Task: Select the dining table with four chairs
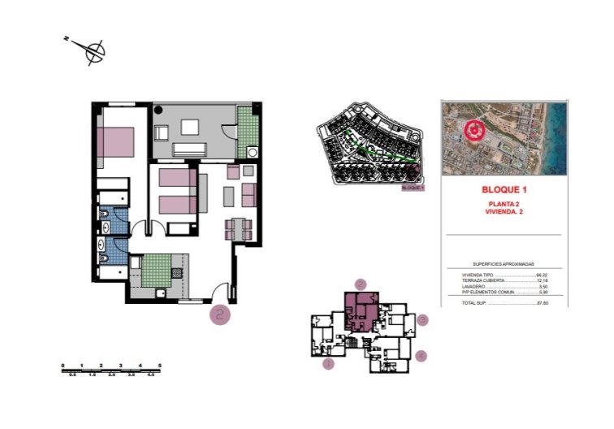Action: click(240, 228)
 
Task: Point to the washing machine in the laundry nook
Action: click(253, 152)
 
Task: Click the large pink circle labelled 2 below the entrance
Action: click(219, 314)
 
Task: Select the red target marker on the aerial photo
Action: click(473, 129)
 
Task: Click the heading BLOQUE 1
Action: click(504, 190)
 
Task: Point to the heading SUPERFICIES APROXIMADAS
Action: click(504, 264)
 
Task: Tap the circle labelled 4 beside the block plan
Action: click(420, 355)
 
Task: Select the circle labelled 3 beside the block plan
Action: click(422, 320)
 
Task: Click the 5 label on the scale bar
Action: click(160, 366)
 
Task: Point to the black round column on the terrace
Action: click(159, 108)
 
